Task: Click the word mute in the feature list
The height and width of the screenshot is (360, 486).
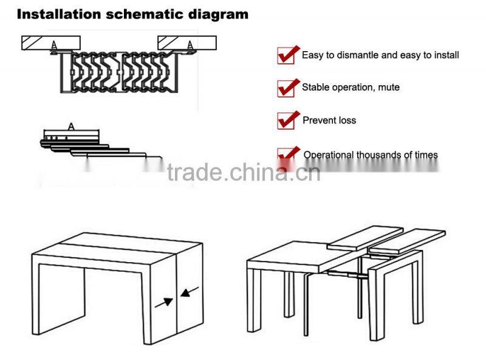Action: (388, 88)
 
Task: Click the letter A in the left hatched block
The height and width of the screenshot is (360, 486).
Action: (55, 44)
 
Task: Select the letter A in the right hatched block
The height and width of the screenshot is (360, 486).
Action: (191, 44)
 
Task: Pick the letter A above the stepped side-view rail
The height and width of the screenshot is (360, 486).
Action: (71, 126)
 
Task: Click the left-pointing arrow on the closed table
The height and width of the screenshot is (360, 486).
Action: (189, 295)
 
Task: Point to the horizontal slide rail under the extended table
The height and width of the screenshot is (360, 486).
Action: (343, 275)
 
